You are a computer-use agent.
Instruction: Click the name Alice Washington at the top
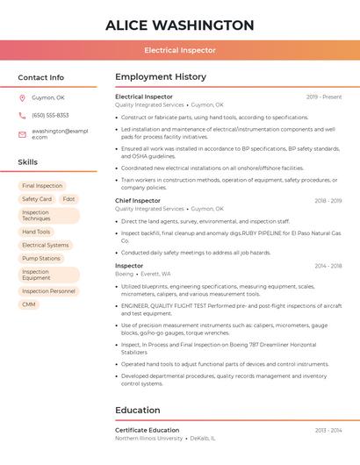180,25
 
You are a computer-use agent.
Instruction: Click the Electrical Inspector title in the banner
180,50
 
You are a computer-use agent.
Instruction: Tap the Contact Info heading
41,77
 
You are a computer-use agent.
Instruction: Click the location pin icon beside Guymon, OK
22,97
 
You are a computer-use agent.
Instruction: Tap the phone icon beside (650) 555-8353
22,115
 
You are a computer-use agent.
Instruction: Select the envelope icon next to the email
22,134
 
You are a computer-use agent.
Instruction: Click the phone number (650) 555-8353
50,115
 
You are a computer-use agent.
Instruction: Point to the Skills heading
28,162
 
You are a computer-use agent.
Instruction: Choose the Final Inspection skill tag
42,186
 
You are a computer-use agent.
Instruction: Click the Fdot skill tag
68,199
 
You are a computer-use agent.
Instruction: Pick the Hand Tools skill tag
36,232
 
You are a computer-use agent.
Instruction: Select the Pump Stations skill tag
41,259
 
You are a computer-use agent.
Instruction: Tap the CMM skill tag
29,304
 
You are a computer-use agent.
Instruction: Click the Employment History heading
161,77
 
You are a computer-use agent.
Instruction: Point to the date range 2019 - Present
324,97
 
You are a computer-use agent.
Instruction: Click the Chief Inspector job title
138,201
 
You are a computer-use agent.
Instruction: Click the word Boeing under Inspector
125,274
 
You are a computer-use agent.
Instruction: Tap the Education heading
138,410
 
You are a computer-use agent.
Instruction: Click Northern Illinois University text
149,438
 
